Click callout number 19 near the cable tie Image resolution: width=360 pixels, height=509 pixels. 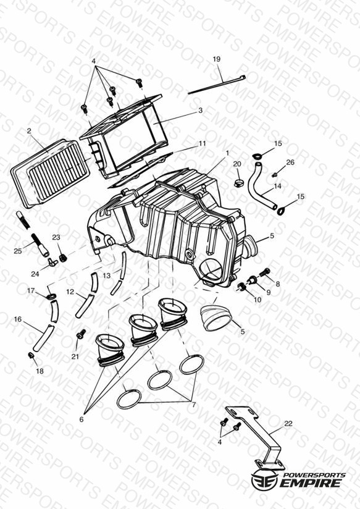pos(217,59)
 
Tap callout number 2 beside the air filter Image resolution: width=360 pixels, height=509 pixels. pos(29,131)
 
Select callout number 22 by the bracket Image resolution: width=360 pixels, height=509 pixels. pos(288,423)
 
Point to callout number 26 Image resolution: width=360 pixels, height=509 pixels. pos(290,162)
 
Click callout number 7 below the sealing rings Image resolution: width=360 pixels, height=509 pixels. pos(194,405)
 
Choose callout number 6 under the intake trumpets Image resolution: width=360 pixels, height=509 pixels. pos(81,419)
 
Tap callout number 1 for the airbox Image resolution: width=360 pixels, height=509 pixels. pos(227,153)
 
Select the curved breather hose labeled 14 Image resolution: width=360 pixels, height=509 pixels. pos(262,187)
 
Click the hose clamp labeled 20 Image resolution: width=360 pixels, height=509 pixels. pos(238,183)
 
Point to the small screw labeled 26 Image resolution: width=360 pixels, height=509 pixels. pos(274,175)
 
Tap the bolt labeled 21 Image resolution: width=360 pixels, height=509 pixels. pos(80,334)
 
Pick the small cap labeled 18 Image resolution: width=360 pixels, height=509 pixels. pos(31,355)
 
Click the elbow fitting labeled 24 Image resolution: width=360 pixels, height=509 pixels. pos(52,262)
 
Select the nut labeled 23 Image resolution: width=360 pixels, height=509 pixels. pos(62,258)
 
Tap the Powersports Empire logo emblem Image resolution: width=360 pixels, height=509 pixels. pos(264,479)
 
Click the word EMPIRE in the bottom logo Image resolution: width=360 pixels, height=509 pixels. pos(311,482)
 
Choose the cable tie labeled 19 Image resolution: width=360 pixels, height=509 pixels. pos(217,85)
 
